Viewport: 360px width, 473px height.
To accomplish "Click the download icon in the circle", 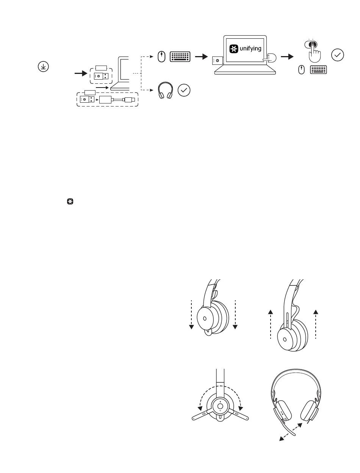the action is pos(43,66).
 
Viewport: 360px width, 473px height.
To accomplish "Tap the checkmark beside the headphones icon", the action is pos(184,90).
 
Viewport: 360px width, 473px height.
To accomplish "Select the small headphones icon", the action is pos(165,90).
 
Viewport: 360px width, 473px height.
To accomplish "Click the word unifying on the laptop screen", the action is pos(250,49).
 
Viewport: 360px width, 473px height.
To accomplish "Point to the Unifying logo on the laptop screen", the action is pos(233,49).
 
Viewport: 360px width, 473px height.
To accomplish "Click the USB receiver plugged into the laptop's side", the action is pos(218,61).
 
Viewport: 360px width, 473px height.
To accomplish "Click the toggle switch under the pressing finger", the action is pos(311,44).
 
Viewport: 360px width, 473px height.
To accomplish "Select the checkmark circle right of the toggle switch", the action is pos(337,55).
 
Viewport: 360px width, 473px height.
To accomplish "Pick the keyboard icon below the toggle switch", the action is pos(318,70).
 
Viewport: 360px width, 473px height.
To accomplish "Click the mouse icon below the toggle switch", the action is pos(301,70).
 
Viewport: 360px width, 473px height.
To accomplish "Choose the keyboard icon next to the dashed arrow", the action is pos(180,57).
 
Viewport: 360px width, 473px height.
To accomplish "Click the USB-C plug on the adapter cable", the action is pos(129,100).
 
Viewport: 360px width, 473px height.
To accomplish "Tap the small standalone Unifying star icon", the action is pos(70,202).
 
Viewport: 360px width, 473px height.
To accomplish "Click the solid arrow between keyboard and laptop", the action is pos(201,57).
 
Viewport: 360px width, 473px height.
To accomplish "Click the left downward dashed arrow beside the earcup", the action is pos(191,315).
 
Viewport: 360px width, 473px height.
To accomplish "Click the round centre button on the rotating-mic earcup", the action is pos(220,406).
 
